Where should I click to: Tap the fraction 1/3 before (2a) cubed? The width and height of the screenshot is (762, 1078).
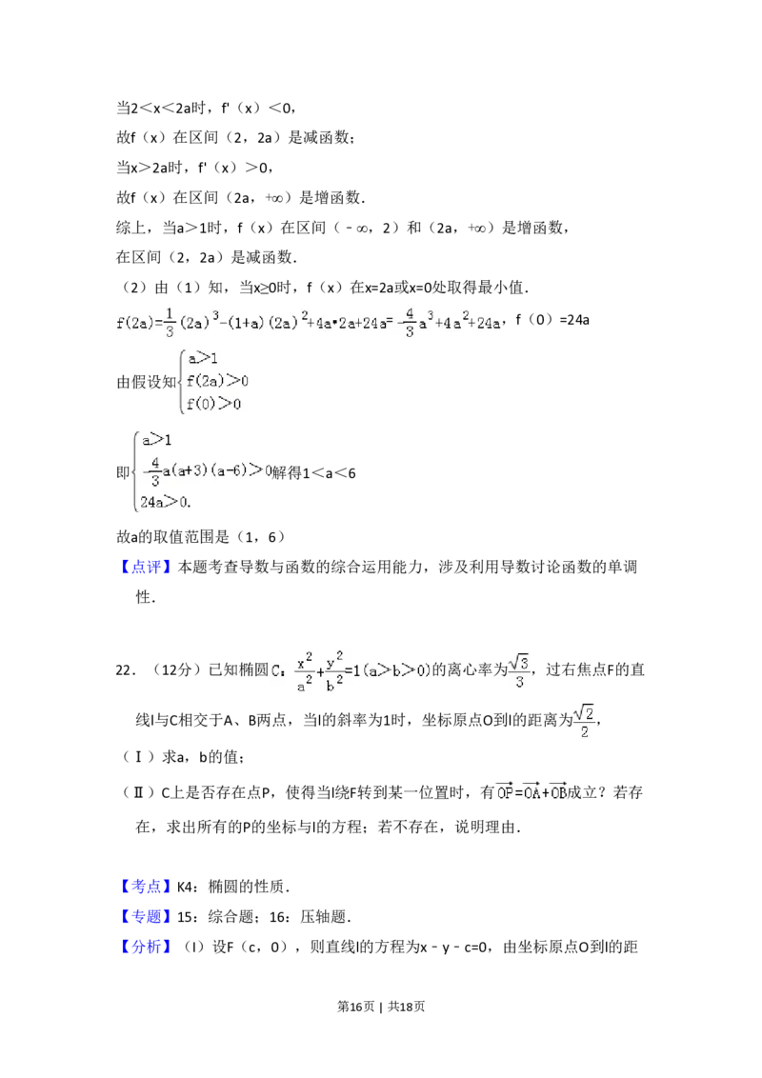(170, 322)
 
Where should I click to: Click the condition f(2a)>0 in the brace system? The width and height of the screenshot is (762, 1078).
(217, 382)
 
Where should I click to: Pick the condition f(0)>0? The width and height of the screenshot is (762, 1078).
(213, 404)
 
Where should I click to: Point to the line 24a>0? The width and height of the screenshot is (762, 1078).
(165, 501)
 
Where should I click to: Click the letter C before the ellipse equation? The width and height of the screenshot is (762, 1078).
(279, 670)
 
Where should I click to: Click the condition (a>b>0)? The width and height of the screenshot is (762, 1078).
(397, 670)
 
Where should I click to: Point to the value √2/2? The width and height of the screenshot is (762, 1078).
(585, 724)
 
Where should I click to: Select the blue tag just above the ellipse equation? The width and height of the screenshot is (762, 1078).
(148, 568)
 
